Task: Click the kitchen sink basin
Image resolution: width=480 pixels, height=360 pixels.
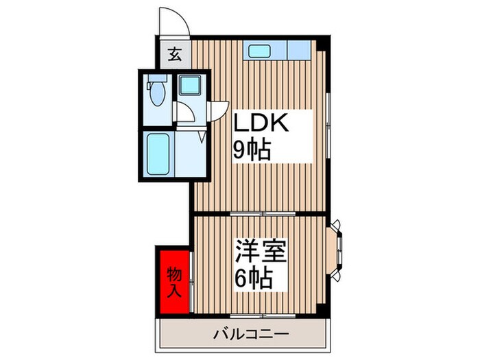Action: click(x=261, y=51)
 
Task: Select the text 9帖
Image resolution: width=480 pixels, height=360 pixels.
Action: click(x=252, y=151)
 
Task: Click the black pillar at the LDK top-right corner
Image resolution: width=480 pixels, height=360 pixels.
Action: click(x=326, y=45)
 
